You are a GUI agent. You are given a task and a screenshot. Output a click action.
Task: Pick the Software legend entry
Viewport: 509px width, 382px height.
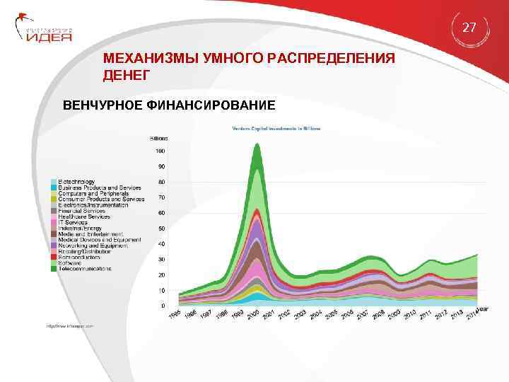coord(71,263)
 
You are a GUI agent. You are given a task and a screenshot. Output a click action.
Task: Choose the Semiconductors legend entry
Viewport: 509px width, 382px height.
coord(81,257)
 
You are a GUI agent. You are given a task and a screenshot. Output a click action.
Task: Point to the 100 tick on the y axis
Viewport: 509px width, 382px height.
coord(160,151)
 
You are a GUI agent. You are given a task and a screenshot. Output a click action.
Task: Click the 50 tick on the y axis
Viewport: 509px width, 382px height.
coord(161,228)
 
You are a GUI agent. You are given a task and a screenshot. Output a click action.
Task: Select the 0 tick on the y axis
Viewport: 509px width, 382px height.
coord(163,306)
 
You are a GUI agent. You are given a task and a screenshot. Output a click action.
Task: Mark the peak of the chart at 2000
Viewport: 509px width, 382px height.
coord(257,145)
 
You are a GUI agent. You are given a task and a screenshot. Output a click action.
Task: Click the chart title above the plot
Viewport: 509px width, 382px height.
coord(276,128)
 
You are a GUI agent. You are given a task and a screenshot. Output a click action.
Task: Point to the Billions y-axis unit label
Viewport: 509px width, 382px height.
coord(159,137)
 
